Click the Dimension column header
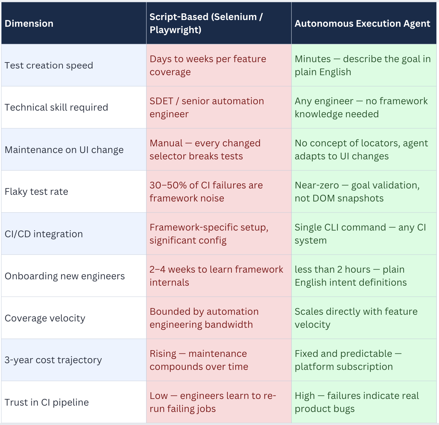point(29,23)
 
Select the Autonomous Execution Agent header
point(362,23)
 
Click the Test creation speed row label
point(49,65)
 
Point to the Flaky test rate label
point(36,191)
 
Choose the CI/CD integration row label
point(44,234)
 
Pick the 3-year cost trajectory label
point(53,360)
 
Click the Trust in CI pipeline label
point(47,402)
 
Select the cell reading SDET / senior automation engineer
point(206,107)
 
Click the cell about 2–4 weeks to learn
point(216,276)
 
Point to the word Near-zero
point(317,185)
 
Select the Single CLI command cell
point(360,234)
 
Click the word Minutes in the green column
point(313,59)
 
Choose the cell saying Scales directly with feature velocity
point(356,318)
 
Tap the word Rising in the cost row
point(163,353)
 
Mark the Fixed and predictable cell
point(347,360)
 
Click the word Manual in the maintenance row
point(166,143)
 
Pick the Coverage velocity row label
point(45,318)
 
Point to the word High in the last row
point(305,396)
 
